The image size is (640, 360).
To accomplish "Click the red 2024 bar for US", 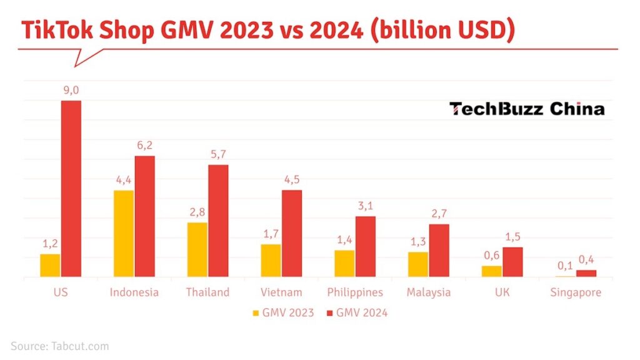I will pos(71,188).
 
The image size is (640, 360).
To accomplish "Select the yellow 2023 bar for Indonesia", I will pos(124,233).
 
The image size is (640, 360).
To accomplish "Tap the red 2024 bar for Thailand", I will pos(218,221).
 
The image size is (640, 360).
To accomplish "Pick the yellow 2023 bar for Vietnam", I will pos(271,260).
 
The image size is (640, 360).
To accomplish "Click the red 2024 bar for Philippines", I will pos(366,246).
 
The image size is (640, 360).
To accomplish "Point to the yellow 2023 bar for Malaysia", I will pos(418,264).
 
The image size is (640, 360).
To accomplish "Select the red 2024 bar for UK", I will pos(512,262).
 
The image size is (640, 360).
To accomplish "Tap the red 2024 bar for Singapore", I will pos(586,273).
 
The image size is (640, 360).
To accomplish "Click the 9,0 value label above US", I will pos(71,91).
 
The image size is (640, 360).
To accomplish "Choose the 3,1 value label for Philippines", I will pos(366,206).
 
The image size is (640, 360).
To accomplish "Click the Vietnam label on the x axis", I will pos(281,292).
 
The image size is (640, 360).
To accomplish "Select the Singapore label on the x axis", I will pos(576,292).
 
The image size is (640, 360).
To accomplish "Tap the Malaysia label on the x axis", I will pos(428,292).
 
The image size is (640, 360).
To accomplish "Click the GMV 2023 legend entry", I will pos(283,312).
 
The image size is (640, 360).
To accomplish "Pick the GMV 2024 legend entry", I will pos(357,312).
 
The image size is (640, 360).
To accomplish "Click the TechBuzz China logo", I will pos(527,109).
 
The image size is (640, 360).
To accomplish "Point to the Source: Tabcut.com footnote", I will pos(60,346).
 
